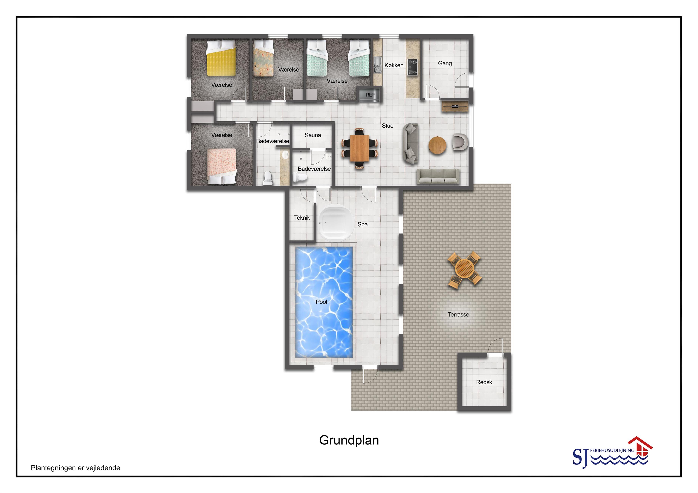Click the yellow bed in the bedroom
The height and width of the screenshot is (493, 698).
tap(221, 58)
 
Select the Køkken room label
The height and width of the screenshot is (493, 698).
tap(394, 65)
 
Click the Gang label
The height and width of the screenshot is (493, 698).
tap(445, 63)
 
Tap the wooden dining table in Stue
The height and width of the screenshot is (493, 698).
tap(359, 148)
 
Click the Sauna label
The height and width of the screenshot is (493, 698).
tap(313, 135)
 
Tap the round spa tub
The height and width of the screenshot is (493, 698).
tap(336, 222)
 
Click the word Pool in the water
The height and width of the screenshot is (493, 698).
tap(321, 302)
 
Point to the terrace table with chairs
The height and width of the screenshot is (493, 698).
tap(465, 269)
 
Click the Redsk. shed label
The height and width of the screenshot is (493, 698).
tap(485, 382)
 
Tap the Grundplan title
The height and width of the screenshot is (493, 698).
tap(349, 440)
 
